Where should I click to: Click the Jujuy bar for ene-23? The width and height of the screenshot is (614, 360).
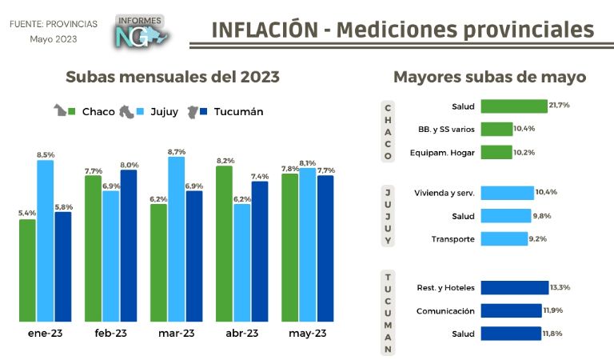click(46, 240)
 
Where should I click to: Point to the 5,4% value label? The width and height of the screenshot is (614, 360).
click(27, 213)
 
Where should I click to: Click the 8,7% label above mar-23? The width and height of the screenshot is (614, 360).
click(177, 151)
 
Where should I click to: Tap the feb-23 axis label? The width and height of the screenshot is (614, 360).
click(111, 334)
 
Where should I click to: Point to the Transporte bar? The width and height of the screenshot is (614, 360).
click(505, 238)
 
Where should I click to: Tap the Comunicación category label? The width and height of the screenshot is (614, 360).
click(445, 311)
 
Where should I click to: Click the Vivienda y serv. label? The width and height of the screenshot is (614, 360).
click(445, 193)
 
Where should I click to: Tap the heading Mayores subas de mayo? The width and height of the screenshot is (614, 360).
click(490, 77)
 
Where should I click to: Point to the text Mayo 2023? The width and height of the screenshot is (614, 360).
click(53, 39)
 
